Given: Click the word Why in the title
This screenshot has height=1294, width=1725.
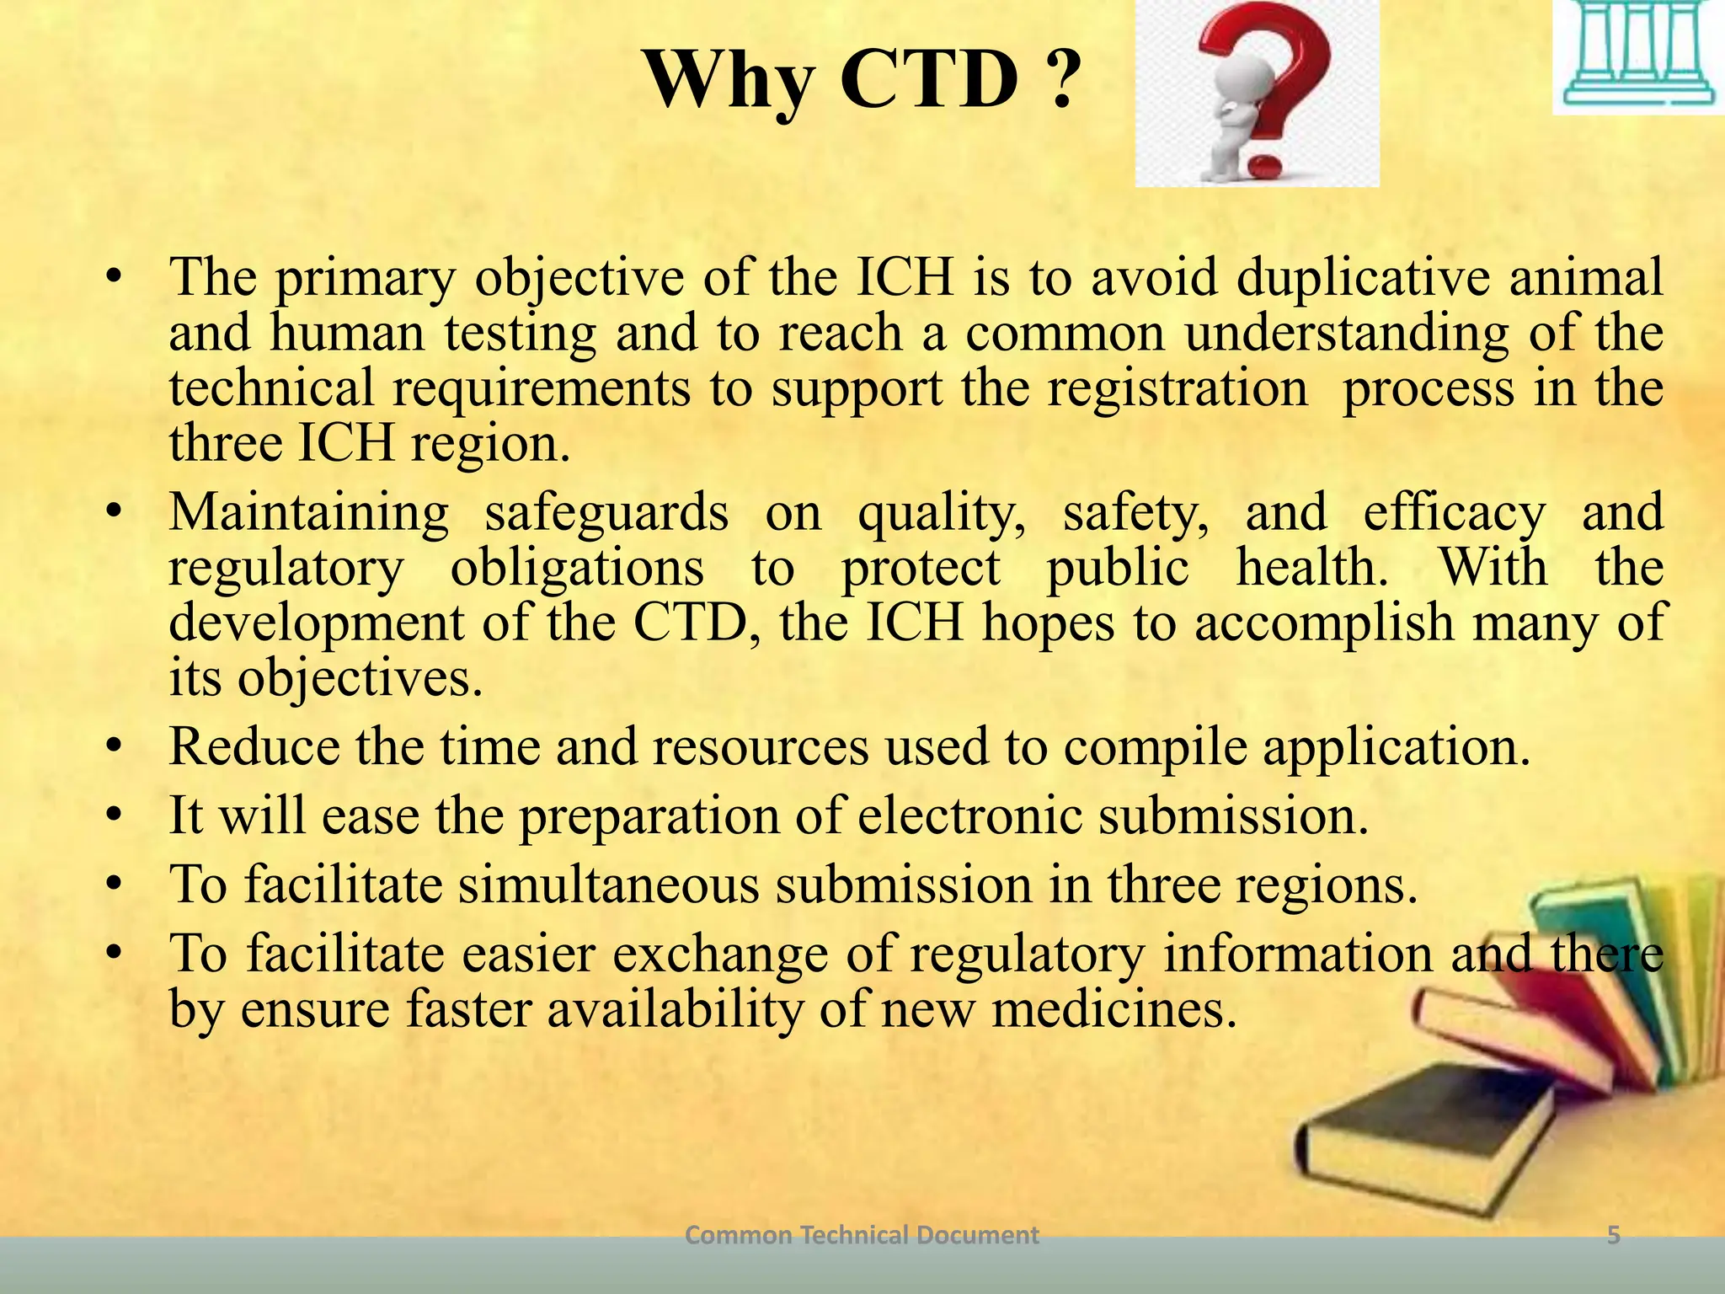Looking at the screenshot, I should tap(729, 83).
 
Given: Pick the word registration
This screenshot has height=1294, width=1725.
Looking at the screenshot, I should tap(1178, 388).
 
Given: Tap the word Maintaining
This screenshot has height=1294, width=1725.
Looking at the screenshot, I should tap(309, 512).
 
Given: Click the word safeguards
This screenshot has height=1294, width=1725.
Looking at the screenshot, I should tap(606, 512).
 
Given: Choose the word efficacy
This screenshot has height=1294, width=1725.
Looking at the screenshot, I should tap(1455, 512).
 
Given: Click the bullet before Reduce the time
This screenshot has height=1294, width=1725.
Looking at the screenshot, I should tap(115, 747).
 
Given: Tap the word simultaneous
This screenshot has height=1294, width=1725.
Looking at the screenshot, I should tap(609, 885).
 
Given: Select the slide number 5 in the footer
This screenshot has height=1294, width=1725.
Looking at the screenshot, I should tap(1614, 1236).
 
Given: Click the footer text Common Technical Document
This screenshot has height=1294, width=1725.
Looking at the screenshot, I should tap(862, 1236).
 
